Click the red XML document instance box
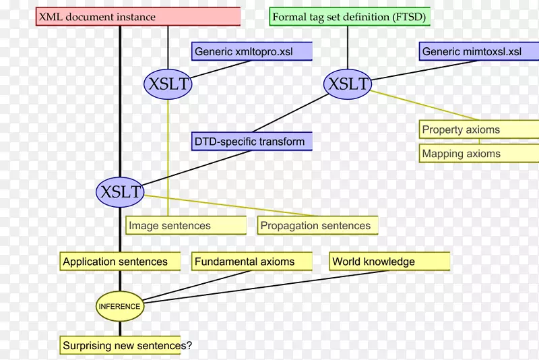point(137,17)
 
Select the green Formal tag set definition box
point(349,17)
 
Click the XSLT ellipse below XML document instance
point(168,84)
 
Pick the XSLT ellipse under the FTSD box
point(348,84)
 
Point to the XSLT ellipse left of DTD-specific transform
point(121,192)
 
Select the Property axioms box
point(478,130)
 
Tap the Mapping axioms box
point(478,154)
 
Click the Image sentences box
point(186,226)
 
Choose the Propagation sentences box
point(317,226)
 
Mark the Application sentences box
point(121,262)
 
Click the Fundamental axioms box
point(253,262)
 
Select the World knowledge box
point(390,262)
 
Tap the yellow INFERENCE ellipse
point(120,306)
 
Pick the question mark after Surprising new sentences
point(189,346)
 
